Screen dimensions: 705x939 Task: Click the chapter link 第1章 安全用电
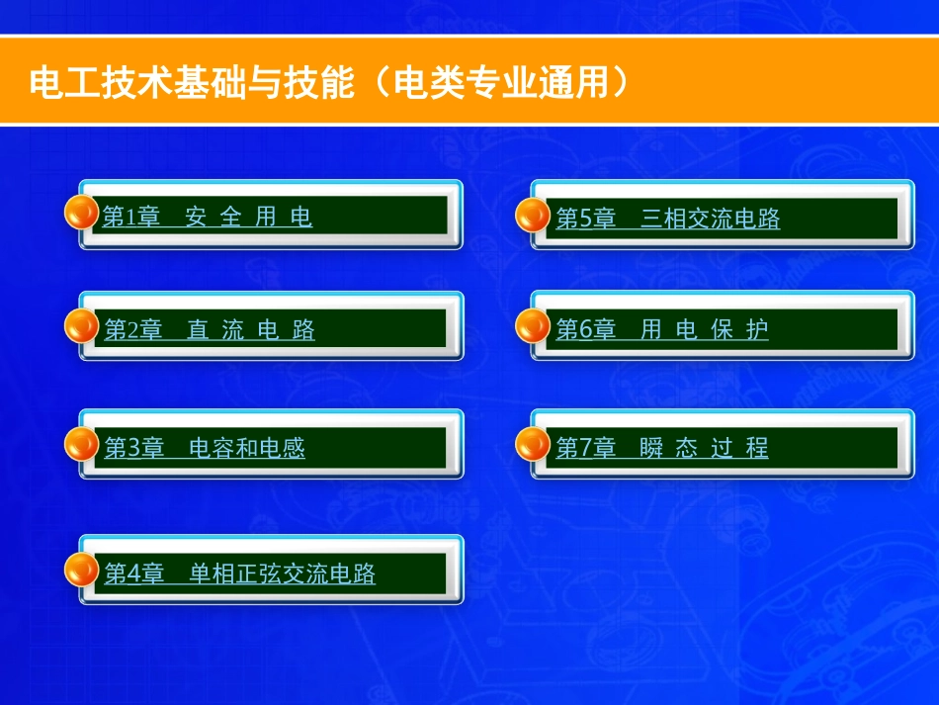(x=208, y=217)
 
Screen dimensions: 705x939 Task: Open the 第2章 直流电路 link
(x=210, y=330)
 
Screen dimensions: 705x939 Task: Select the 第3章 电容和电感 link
(x=205, y=448)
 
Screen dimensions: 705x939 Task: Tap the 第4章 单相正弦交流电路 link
(x=240, y=573)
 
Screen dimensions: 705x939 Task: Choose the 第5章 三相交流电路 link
(x=668, y=219)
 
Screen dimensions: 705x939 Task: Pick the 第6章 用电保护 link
(x=662, y=330)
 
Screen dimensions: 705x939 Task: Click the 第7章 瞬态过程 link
(x=662, y=448)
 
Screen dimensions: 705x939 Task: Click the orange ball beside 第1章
(x=81, y=213)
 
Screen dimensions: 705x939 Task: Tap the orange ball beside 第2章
(x=81, y=326)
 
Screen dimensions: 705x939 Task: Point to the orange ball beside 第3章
(x=81, y=444)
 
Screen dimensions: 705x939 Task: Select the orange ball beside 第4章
(x=81, y=570)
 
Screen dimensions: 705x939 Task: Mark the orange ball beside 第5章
(x=534, y=214)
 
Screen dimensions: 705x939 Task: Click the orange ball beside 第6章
(x=534, y=325)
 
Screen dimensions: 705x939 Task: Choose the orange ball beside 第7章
(x=534, y=444)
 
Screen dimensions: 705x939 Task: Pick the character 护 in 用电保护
(x=757, y=330)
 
